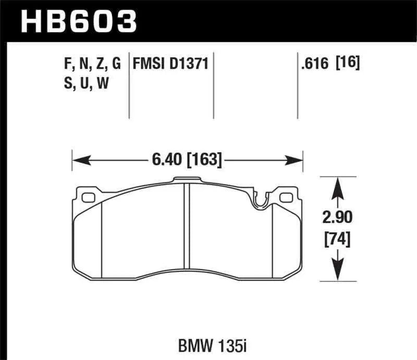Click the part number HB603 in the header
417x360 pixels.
pos(78,21)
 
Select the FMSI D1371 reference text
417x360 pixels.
pos(170,64)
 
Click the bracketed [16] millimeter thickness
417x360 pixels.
pos(348,64)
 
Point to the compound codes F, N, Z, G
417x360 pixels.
pos(92,64)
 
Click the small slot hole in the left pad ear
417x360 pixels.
pos(88,197)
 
